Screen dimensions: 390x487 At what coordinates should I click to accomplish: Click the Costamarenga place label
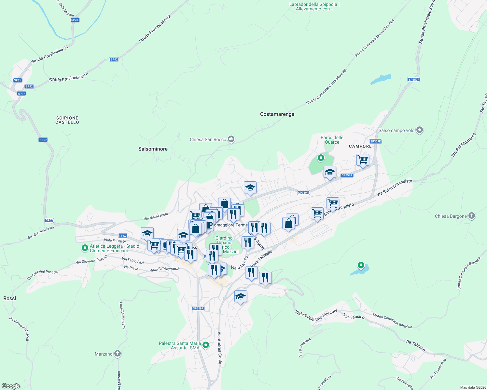click(277, 114)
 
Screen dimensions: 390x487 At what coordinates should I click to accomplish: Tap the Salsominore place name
click(153, 149)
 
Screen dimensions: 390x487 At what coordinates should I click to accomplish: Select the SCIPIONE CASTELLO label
click(67, 120)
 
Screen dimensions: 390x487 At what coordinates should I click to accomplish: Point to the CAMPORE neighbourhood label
click(360, 146)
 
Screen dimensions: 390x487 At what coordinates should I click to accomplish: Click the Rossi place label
click(9, 298)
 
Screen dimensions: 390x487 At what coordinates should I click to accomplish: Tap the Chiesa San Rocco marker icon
click(231, 139)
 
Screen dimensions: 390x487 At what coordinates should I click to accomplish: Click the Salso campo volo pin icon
click(420, 130)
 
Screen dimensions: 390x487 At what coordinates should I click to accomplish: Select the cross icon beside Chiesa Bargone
click(472, 216)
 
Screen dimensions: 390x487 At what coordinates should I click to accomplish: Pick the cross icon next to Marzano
click(118, 354)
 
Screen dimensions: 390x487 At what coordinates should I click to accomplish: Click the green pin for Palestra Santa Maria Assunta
click(206, 345)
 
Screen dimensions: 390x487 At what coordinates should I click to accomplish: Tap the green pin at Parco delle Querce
click(321, 158)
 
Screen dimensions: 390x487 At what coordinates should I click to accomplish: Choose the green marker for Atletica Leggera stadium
click(85, 248)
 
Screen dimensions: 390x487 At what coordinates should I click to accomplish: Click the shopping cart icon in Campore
click(362, 160)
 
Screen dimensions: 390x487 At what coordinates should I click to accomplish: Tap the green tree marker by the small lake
click(361, 266)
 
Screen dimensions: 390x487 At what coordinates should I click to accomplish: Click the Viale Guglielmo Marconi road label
click(316, 315)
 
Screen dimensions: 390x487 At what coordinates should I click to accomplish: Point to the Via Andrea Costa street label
click(220, 348)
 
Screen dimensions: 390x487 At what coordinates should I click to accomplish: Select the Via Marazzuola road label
click(156, 216)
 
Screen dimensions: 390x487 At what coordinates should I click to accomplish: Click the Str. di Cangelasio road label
click(41, 232)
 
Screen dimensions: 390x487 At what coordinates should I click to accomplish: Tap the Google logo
click(11, 386)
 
